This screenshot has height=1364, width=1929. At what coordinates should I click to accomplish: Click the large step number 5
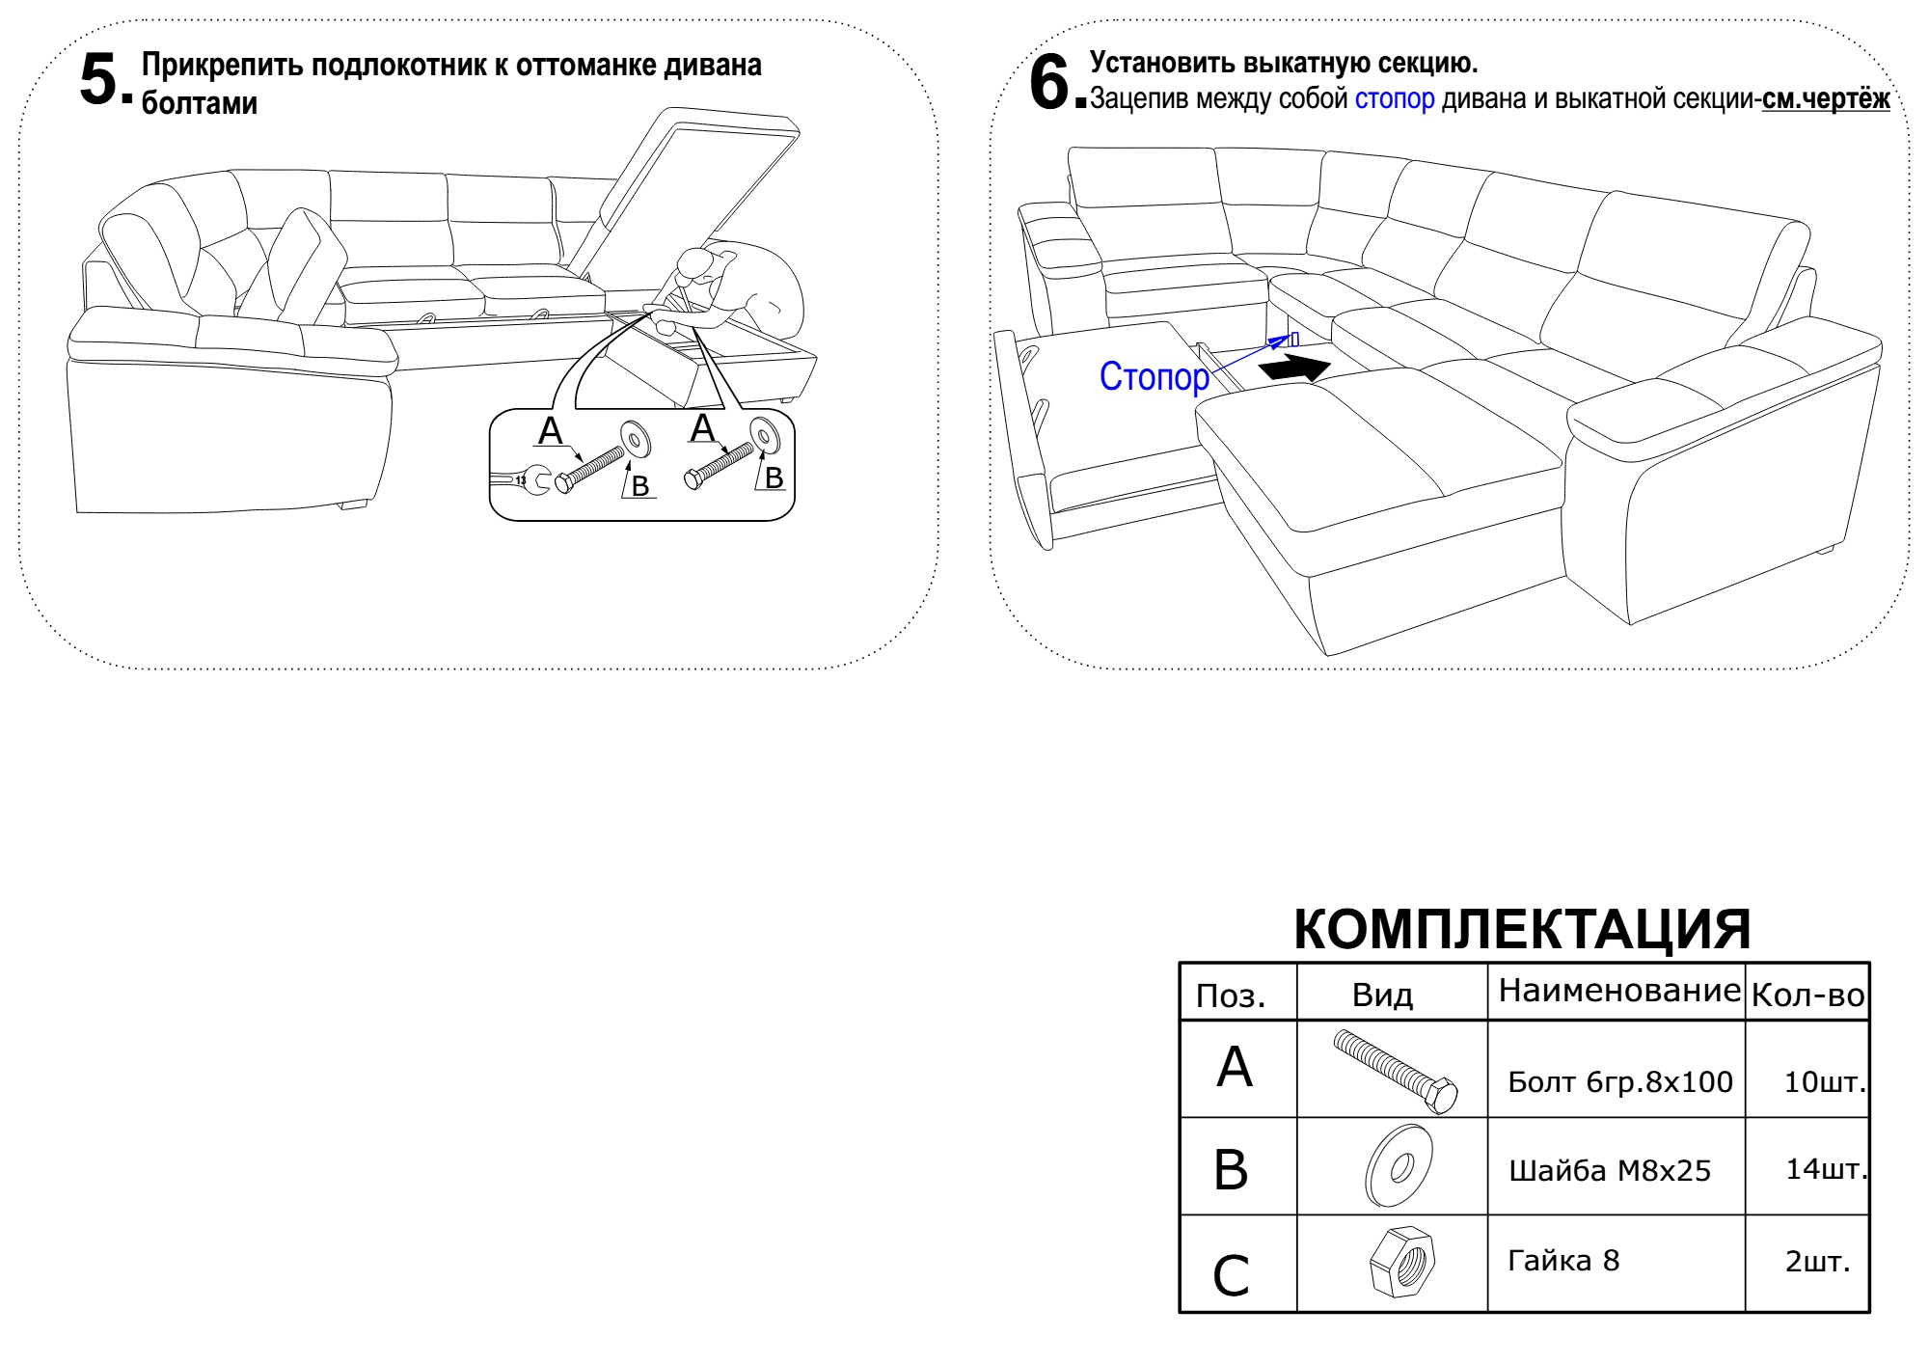(x=99, y=79)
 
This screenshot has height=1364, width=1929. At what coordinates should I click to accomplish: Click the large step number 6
(x=1049, y=81)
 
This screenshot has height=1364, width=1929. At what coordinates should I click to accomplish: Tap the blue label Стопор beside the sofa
(x=1154, y=376)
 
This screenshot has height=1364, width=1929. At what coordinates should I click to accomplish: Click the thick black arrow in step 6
(x=1295, y=368)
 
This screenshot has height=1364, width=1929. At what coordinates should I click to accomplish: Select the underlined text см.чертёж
(x=1825, y=99)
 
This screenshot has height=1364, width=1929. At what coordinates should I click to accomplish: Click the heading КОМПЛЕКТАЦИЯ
(x=1522, y=929)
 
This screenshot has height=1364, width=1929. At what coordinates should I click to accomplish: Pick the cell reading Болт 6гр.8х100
(x=1619, y=1082)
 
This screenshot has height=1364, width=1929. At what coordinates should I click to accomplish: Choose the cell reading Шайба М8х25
(x=1609, y=1171)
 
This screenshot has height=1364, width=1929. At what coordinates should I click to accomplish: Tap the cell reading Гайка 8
(x=1563, y=1261)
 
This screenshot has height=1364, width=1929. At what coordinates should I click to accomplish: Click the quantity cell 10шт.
(x=1824, y=1082)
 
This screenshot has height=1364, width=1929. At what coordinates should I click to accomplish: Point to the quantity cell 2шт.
(x=1817, y=1262)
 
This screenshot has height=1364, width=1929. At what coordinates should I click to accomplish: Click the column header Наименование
(x=1618, y=991)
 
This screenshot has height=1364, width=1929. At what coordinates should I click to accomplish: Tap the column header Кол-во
(x=1807, y=996)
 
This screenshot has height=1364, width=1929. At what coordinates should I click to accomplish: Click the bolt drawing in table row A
(x=1395, y=1071)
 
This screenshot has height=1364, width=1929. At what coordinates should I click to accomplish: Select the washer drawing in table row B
(x=1399, y=1165)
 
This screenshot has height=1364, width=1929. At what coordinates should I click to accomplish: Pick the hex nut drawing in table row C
(x=1401, y=1262)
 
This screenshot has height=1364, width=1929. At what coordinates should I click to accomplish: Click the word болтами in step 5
(x=200, y=103)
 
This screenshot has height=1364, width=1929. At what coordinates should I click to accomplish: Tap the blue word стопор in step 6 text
(x=1394, y=99)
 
